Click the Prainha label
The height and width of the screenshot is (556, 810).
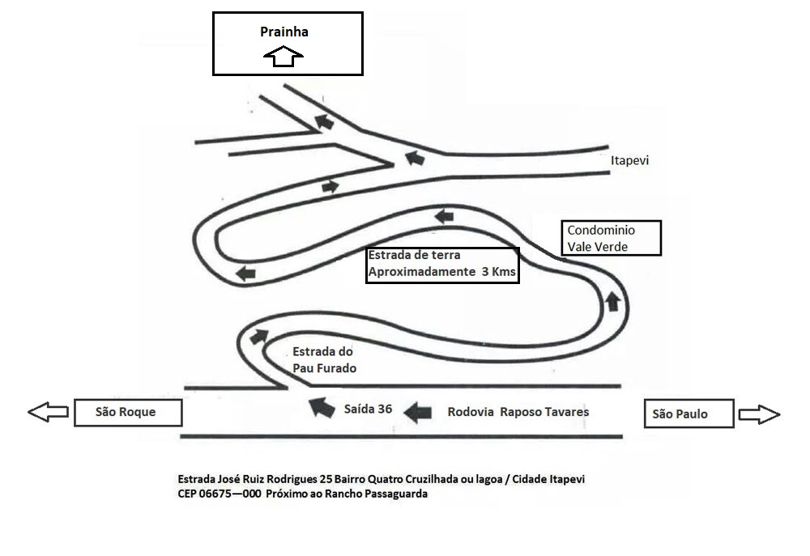(x=284, y=32)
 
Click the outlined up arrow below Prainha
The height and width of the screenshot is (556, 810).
(x=283, y=56)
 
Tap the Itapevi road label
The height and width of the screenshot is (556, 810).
(x=629, y=160)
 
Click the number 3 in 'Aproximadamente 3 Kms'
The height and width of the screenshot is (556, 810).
(x=485, y=272)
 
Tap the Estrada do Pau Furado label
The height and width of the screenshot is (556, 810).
(x=324, y=360)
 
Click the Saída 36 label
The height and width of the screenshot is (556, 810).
(x=368, y=410)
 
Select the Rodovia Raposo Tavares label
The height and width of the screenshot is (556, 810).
(x=518, y=412)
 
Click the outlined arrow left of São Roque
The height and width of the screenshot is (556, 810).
(x=48, y=412)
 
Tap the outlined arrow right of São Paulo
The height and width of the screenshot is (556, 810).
(x=760, y=414)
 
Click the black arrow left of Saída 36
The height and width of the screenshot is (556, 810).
(x=322, y=407)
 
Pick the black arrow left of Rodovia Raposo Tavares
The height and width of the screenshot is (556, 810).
(x=417, y=413)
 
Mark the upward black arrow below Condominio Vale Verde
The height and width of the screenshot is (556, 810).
(x=612, y=301)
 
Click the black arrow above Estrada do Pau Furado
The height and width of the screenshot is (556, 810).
(x=259, y=336)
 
